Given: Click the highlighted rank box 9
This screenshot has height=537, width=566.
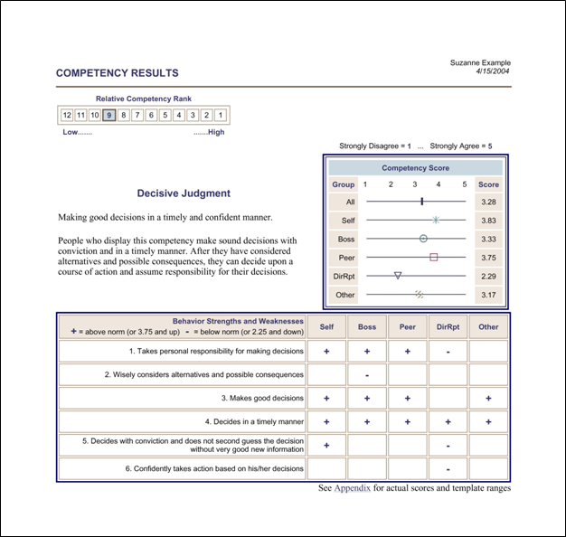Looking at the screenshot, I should coord(108,115).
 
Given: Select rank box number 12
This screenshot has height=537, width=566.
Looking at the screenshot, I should coord(67,115).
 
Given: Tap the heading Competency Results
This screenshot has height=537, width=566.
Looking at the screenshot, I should coord(118,73).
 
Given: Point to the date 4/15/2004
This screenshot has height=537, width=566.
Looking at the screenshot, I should coord(493,71).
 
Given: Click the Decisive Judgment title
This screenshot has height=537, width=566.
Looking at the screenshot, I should coord(184,193).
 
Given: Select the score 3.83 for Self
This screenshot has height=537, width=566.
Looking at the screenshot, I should coord(488,220).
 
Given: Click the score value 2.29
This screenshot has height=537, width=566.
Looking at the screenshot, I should coord(488,276).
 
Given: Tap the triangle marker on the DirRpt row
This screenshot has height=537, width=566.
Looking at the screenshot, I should coord(397,276).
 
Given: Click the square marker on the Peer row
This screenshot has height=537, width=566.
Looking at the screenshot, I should coord(433,257).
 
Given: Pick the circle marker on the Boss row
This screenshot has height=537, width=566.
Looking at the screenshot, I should coord(423,239).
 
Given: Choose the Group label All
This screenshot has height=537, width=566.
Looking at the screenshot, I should coord(349,202).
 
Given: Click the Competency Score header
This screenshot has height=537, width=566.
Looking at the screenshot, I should coord(416,168).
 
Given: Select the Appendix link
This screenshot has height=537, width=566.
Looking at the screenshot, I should coord(352,488).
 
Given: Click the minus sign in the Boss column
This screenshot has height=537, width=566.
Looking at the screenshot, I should coord(367,374).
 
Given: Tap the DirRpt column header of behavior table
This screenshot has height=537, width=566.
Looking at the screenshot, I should coord(448,326).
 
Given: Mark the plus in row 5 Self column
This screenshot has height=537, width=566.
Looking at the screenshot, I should coord(326,445).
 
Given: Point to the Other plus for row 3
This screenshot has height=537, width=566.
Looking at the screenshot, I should coord(488,398).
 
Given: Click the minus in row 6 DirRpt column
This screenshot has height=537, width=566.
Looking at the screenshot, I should coord(448,468).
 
